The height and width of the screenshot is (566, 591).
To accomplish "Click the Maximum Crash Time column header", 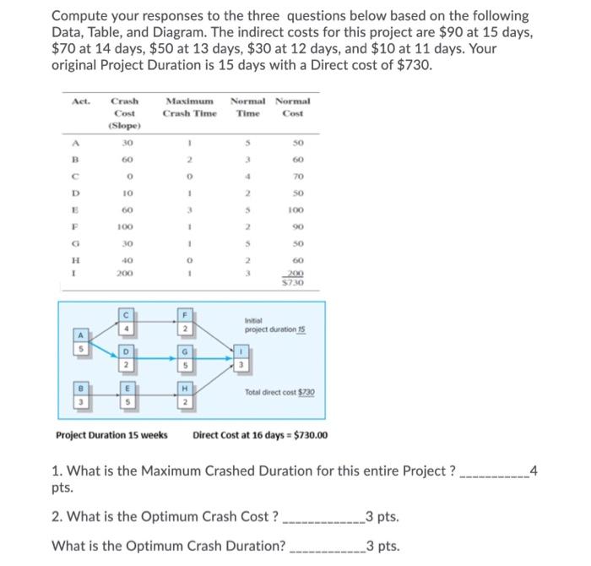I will click(x=190, y=107).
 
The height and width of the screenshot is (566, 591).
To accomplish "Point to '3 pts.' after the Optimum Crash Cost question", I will click(x=382, y=517).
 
